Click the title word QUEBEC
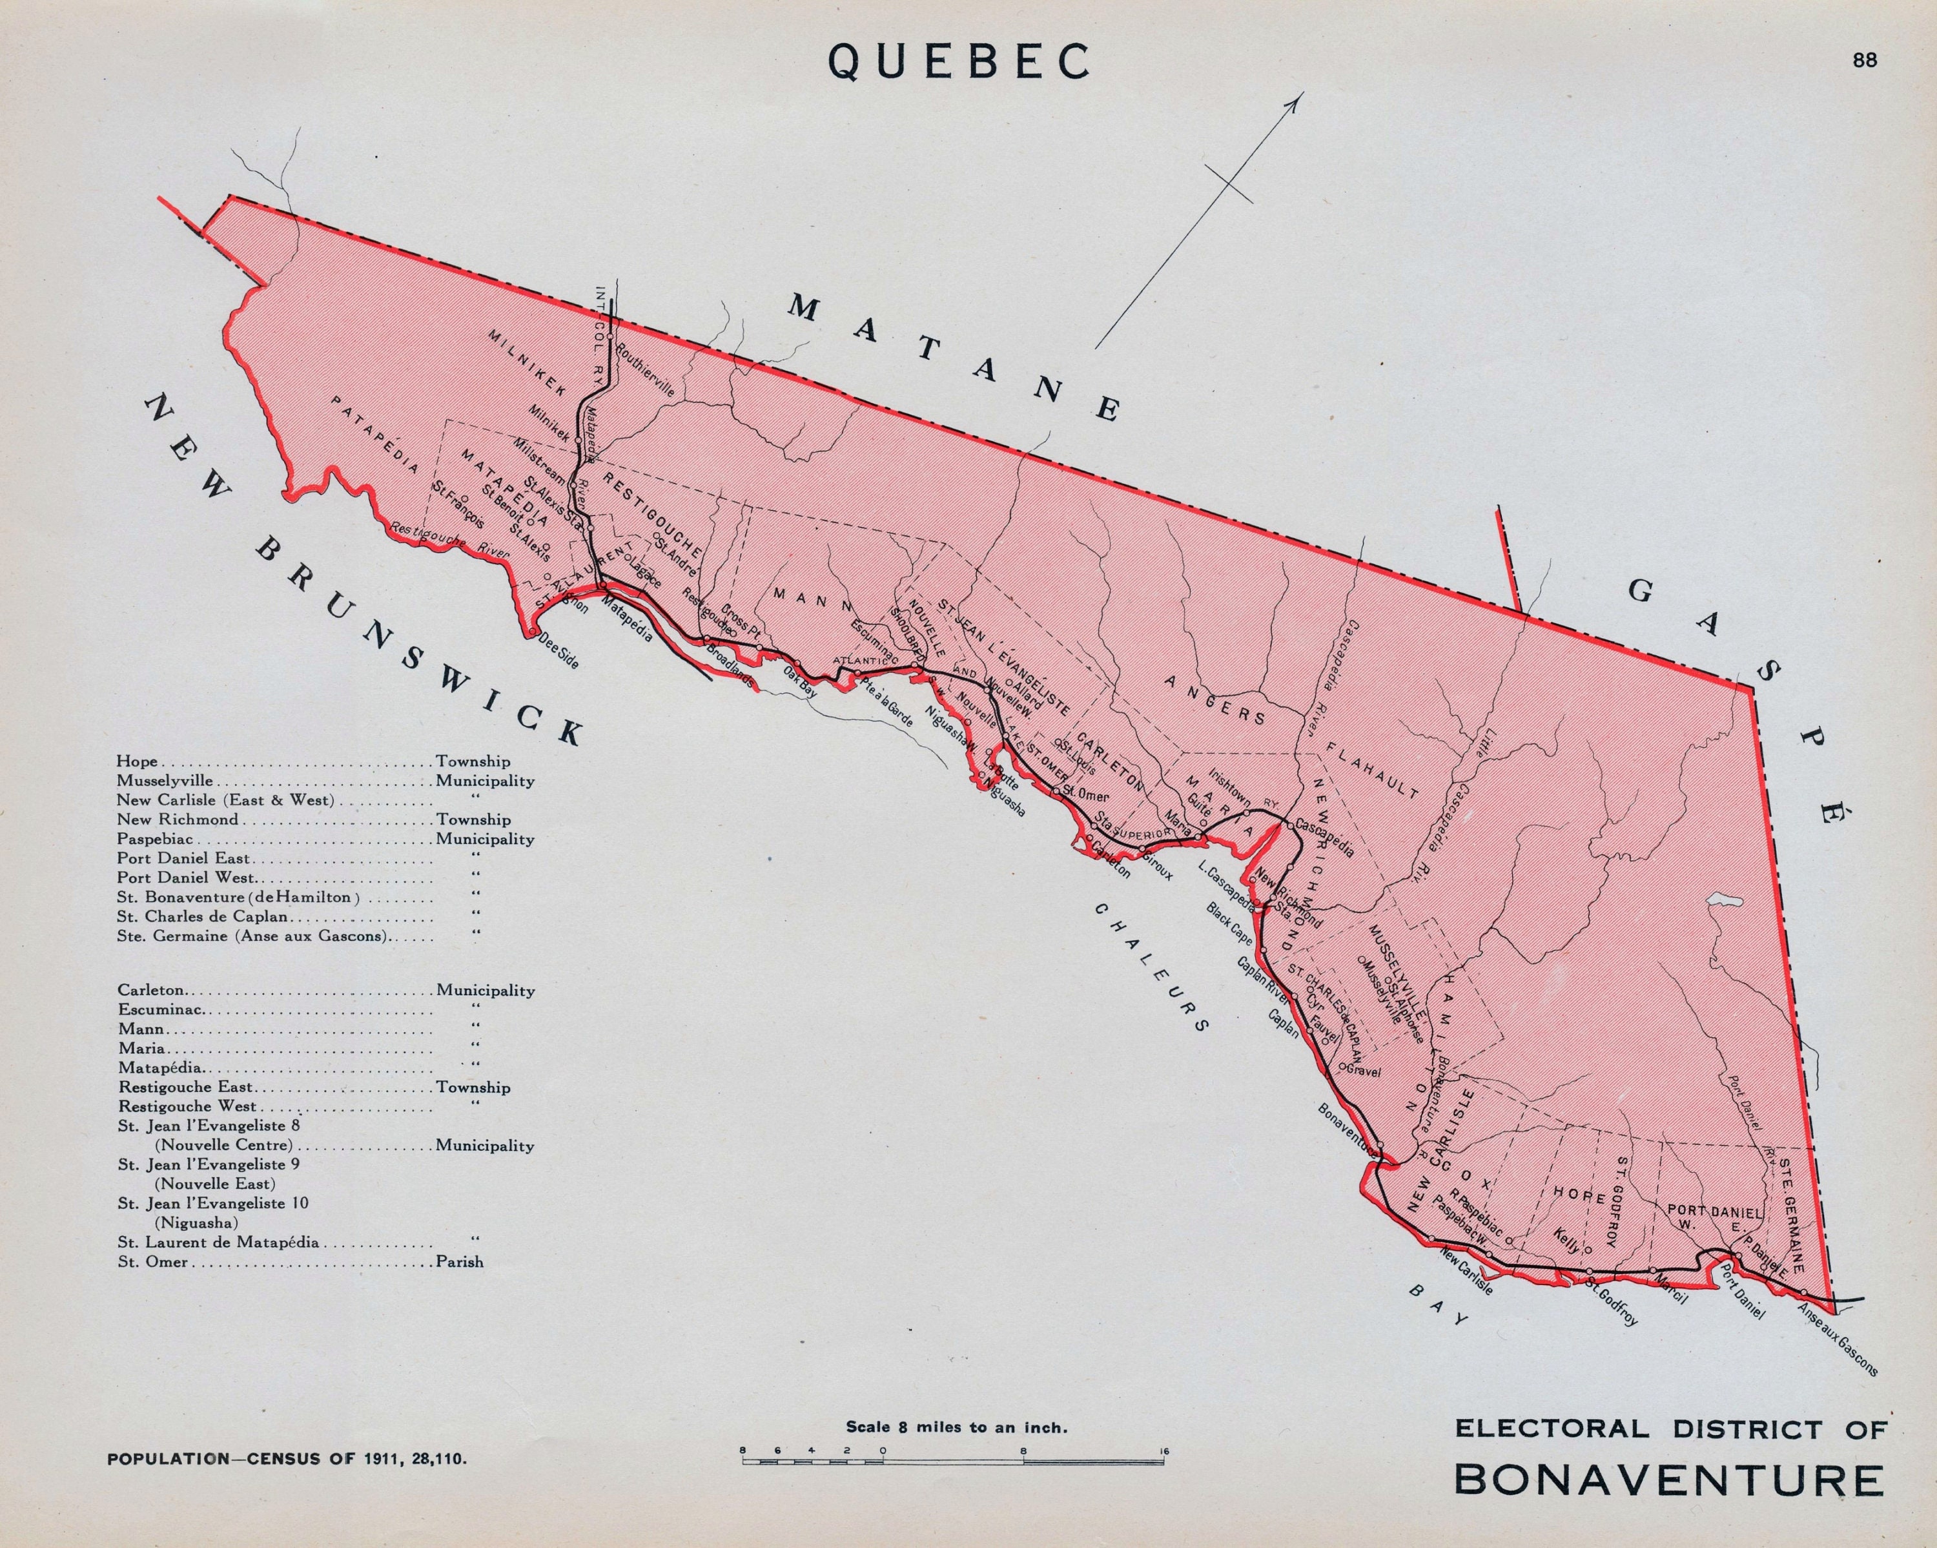pyautogui.click(x=959, y=62)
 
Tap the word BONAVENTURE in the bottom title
pyautogui.click(x=1668, y=1480)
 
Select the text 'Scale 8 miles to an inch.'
pyautogui.click(x=956, y=1427)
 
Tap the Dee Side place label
pyautogui.click(x=559, y=648)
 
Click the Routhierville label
pyautogui.click(x=645, y=368)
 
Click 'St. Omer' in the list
pyautogui.click(x=153, y=1261)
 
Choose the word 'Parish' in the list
pyautogui.click(x=459, y=1261)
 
